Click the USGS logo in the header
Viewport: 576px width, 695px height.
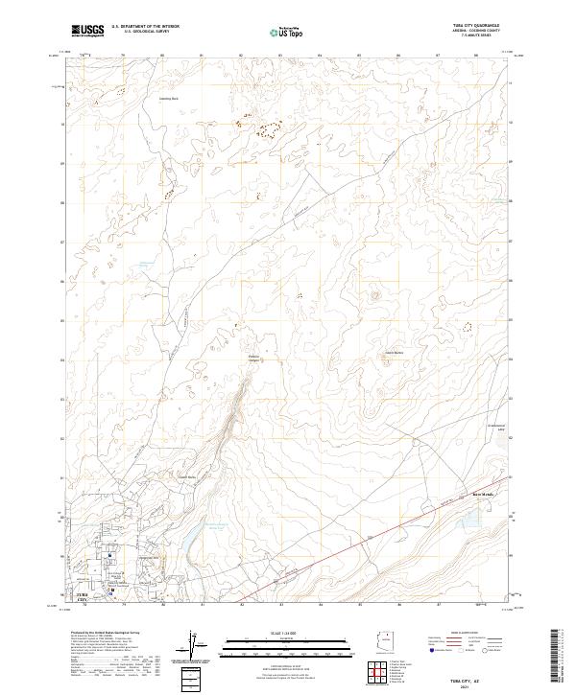[88, 31]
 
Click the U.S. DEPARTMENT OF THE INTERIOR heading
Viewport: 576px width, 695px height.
[145, 26]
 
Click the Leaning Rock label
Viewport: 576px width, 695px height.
[169, 98]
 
